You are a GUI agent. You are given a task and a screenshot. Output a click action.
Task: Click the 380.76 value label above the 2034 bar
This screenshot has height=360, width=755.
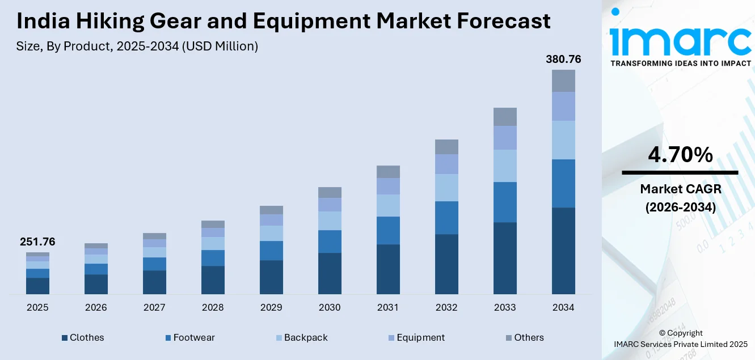tap(563, 60)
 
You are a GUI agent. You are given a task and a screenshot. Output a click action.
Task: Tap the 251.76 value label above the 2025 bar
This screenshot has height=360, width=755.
tap(37, 242)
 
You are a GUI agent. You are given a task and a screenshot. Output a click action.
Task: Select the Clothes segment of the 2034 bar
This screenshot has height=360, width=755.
tap(563, 251)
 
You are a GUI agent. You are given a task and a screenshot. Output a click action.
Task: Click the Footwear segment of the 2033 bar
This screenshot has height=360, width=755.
tap(505, 202)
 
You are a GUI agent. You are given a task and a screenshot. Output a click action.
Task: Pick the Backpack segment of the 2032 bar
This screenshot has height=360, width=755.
tap(446, 187)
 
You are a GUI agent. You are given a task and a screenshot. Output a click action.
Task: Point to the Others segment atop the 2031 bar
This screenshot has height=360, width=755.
tap(388, 172)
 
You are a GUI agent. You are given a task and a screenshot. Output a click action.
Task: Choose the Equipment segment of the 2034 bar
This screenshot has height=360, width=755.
tap(563, 106)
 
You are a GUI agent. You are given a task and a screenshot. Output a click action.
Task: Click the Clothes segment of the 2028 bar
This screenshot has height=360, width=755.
tap(213, 280)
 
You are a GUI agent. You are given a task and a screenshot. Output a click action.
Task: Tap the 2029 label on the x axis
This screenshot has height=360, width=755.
tap(271, 307)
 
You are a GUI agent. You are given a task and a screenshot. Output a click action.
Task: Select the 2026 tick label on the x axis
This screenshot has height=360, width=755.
tap(96, 307)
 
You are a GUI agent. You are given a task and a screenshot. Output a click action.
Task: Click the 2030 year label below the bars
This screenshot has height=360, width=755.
tap(330, 307)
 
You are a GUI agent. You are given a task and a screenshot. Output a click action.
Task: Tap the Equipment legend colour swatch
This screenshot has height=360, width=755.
tap(391, 338)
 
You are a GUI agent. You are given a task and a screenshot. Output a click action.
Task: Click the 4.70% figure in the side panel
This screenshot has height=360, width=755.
tap(680, 155)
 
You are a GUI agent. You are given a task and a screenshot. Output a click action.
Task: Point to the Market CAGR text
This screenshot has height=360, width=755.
tap(680, 189)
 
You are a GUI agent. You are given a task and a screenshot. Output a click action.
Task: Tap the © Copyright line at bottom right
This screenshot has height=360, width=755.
tap(680, 333)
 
